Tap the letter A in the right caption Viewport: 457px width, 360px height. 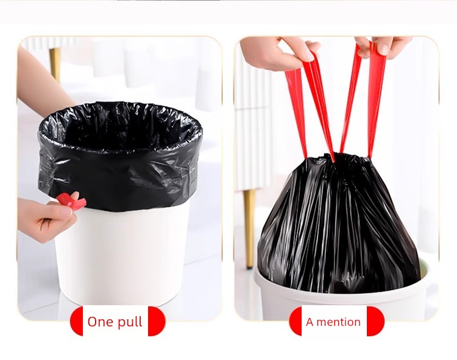pyautogui.click(x=310, y=322)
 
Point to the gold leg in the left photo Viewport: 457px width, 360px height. pyautogui.click(x=55, y=64)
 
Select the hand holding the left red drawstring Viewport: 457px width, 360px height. pyautogui.click(x=280, y=52)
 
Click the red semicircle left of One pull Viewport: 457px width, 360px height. pyautogui.click(x=76, y=321)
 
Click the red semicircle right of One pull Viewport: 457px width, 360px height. pyautogui.click(x=157, y=321)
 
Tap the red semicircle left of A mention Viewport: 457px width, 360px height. pyautogui.click(x=296, y=321)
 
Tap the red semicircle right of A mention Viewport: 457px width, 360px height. pyautogui.click(x=376, y=321)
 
